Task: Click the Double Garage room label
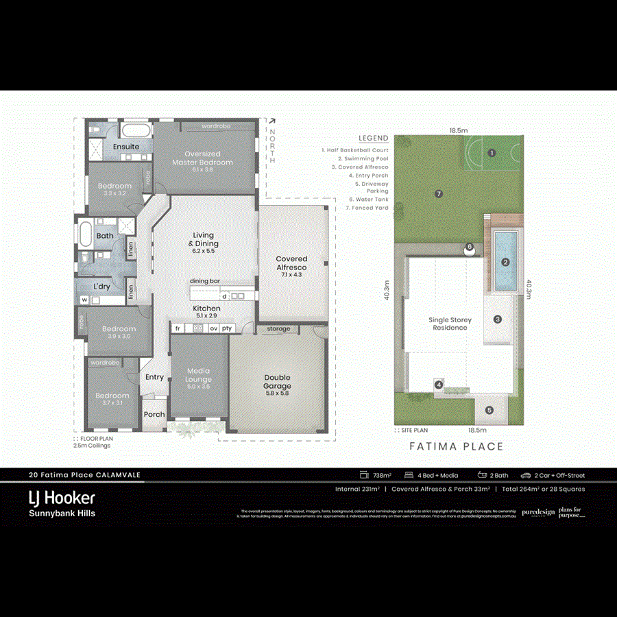click(x=278, y=382)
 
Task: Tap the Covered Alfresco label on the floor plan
click(x=291, y=263)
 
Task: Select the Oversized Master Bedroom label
click(x=202, y=158)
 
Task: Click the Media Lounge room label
click(x=199, y=375)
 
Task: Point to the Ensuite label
click(x=126, y=147)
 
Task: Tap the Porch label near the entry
click(x=154, y=414)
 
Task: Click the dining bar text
click(x=205, y=281)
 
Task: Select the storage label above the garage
click(x=278, y=329)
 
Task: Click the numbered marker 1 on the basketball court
click(x=492, y=153)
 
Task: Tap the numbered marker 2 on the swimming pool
click(x=505, y=261)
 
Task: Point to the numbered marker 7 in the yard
click(x=439, y=193)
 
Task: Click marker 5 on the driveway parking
click(x=489, y=410)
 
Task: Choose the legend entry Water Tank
click(x=372, y=199)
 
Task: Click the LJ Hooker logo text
click(x=62, y=498)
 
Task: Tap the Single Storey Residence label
click(x=449, y=324)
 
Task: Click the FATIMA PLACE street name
click(x=457, y=446)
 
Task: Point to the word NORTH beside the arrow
click(x=272, y=146)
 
